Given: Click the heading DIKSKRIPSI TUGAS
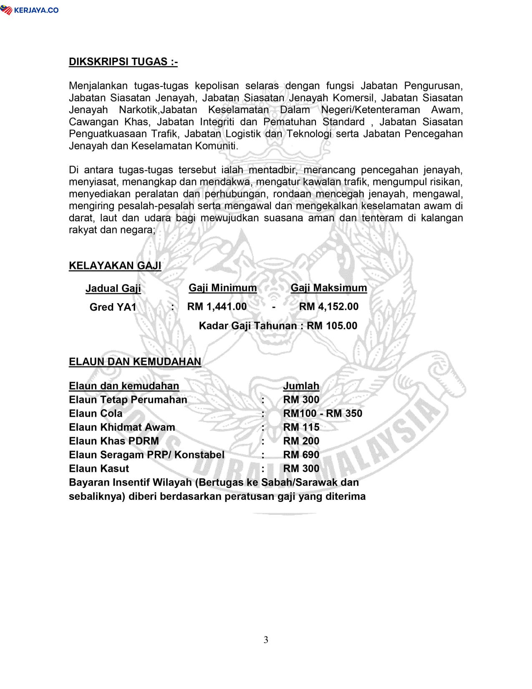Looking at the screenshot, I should pos(123,62).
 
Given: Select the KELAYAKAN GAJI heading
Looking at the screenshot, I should pos(115,266).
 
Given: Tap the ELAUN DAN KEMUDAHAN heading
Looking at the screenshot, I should pos(135,362).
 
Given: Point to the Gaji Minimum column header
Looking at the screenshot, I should pos(223,288).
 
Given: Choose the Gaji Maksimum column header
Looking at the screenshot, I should pos(329,288).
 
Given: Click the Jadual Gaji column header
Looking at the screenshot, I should pos(113,289).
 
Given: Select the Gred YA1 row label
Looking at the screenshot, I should pos(113,307).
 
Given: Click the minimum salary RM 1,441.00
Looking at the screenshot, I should pos(217,307).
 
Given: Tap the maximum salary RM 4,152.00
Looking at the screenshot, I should pos(329,307).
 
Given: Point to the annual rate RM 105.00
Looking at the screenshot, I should pos(332,326).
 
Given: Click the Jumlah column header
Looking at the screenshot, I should pos(301,386).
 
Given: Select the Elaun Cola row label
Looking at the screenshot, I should pos(96,413).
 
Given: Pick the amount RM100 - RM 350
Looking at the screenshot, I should pos(323,413).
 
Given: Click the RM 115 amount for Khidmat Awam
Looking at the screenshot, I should pos(301,427).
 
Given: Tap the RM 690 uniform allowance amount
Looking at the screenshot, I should pos(301,455).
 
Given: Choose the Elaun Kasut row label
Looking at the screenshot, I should pos(99,469).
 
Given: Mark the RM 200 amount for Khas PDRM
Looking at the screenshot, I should pos(301,441).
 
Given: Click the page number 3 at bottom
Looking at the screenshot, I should pos(266,640).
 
